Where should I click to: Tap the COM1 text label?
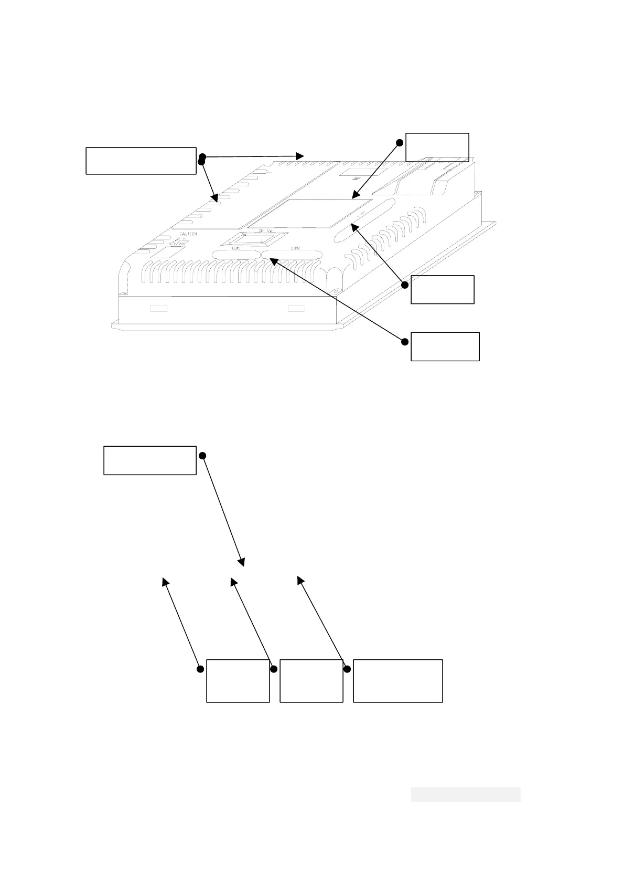tap(236, 248)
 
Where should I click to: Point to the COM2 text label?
tap(295, 248)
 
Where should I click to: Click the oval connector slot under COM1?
tap(235, 255)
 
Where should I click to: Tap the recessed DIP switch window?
tap(254, 239)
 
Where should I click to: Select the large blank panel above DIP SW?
tap(309, 213)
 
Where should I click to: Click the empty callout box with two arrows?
tap(141, 161)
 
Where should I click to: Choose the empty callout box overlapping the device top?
tap(437, 147)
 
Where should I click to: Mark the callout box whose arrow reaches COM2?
tap(445, 346)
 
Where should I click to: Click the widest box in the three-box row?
tap(397, 681)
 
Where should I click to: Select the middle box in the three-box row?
tap(311, 681)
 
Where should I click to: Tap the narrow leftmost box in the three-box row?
tap(238, 681)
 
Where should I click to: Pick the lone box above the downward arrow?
tap(149, 460)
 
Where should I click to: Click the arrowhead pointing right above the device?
tap(300, 156)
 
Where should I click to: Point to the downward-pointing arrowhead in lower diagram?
tap(242, 563)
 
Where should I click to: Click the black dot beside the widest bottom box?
tap(347, 669)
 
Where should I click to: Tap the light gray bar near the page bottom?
tap(466, 794)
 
